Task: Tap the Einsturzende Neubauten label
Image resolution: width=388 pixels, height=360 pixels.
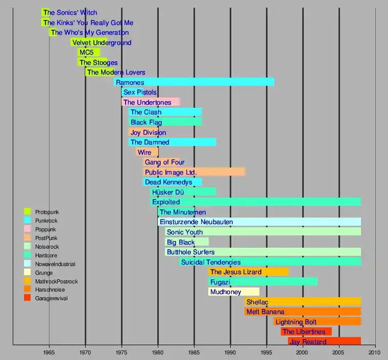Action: (x=196, y=222)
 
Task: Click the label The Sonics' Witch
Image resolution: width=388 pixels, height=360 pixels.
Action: (x=70, y=12)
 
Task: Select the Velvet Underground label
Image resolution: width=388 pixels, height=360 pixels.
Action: (x=102, y=42)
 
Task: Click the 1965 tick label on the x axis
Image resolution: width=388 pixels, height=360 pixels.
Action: (x=49, y=352)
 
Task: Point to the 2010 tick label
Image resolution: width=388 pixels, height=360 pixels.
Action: (x=375, y=352)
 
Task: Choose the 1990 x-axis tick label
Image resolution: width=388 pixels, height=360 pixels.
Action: (x=230, y=352)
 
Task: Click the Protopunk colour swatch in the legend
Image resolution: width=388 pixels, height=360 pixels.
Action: (x=28, y=211)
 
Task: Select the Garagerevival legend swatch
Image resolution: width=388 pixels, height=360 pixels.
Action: (x=28, y=298)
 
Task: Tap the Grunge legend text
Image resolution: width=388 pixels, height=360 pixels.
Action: (x=44, y=273)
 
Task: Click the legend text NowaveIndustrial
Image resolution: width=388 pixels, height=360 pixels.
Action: (x=55, y=264)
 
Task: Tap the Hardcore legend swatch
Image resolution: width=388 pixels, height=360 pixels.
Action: (x=28, y=255)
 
